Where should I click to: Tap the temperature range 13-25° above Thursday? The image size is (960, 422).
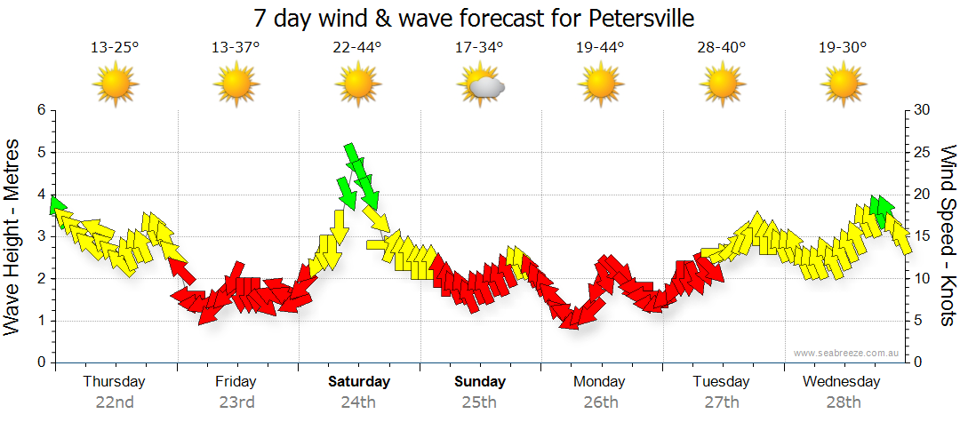click(115, 47)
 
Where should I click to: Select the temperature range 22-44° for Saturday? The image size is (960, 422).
click(357, 47)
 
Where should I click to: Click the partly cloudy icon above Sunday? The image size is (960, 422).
click(480, 85)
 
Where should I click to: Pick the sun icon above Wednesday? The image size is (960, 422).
click(844, 85)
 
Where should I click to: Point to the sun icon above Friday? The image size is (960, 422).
click(236, 85)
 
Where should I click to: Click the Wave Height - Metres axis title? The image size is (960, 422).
click(13, 236)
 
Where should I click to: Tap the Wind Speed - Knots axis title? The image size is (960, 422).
click(948, 236)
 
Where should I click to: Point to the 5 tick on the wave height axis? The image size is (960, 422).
click(40, 152)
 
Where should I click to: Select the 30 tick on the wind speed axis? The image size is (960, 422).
click(922, 110)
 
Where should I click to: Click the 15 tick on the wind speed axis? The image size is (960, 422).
click(922, 236)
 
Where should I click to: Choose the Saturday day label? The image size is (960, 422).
click(359, 382)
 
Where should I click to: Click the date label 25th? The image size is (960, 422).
click(480, 402)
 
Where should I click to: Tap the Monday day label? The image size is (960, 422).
click(601, 382)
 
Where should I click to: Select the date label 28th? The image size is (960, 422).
click(844, 402)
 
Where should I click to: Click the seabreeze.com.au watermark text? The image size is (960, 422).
click(847, 353)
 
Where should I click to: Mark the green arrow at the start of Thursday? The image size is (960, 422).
click(58, 207)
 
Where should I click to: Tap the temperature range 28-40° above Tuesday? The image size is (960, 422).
click(723, 47)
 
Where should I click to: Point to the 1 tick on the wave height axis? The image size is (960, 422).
click(40, 321)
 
